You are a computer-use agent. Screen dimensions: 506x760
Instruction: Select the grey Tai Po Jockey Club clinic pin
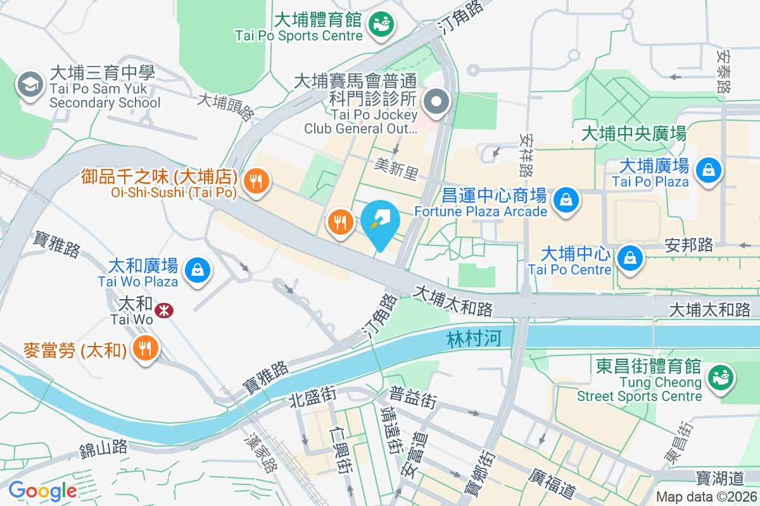[436, 102]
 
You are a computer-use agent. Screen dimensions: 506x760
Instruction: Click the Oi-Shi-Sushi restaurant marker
[256, 182]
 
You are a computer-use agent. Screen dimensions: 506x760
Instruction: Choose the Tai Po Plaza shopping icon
[708, 170]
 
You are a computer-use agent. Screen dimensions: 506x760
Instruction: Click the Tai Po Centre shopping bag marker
[631, 258]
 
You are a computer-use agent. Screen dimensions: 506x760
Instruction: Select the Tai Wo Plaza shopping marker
[198, 270]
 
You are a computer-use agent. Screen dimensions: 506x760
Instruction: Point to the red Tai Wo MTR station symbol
[165, 310]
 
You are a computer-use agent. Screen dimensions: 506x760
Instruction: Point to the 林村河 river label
[473, 339]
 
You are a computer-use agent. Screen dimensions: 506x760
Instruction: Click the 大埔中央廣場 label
[633, 134]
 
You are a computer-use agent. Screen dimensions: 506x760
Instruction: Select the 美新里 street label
[396, 169]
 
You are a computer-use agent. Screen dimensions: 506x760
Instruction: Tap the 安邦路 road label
[689, 245]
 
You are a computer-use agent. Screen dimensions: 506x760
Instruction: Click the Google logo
[42, 491]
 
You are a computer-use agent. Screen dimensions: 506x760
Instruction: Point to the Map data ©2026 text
[706, 497]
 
